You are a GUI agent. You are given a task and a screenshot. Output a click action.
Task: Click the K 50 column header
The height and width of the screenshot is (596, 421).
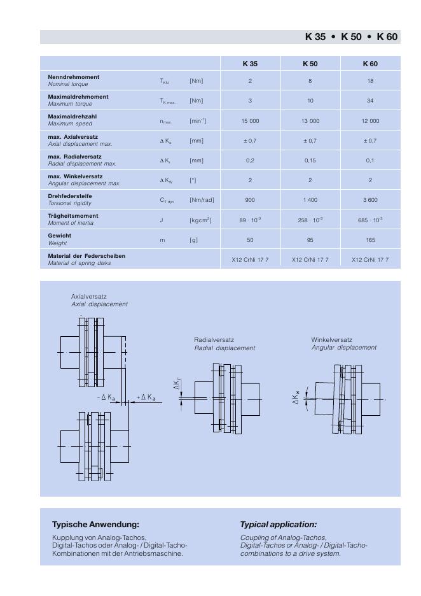(310, 64)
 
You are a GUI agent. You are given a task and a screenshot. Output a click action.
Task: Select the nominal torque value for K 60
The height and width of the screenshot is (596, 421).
(370, 81)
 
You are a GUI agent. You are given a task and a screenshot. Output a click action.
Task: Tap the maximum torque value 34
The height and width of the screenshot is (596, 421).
(370, 101)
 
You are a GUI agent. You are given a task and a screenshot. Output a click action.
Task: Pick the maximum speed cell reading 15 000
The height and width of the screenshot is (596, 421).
(250, 120)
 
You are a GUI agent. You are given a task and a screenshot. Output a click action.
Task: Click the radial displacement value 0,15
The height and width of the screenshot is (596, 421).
(310, 160)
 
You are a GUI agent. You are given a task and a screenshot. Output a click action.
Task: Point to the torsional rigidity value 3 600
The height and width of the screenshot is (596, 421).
(370, 200)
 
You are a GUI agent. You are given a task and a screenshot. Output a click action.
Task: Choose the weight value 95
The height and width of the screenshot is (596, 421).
(310, 240)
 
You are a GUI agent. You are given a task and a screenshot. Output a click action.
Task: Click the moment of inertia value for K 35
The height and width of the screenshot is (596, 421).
(250, 220)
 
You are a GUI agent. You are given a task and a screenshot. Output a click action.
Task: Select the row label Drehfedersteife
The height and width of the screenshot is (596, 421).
(70, 196)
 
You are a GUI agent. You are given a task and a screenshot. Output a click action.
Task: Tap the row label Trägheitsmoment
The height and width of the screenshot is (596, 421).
(73, 216)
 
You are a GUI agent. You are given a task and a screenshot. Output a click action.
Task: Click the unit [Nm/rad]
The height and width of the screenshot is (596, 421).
(202, 201)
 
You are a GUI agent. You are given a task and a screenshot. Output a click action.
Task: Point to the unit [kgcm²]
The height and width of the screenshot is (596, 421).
(200, 220)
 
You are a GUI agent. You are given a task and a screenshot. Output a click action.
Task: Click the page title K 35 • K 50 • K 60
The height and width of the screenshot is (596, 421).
(351, 37)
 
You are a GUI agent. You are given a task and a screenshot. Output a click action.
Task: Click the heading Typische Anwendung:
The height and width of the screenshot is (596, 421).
(95, 525)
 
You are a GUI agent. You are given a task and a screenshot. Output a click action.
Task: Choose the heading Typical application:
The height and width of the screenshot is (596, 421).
(278, 525)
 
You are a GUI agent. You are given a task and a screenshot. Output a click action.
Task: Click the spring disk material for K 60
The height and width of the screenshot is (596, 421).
(370, 260)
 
